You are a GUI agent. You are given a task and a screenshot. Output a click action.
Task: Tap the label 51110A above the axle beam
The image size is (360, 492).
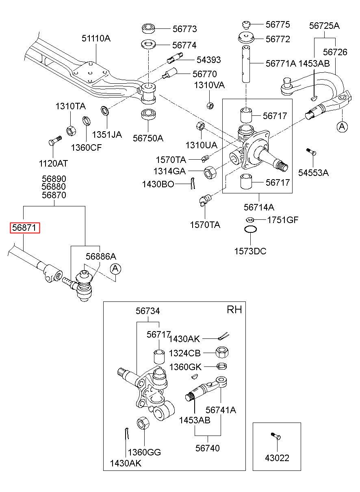pyautogui.click(x=96, y=39)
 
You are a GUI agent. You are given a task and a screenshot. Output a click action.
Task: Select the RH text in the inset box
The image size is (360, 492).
pyautogui.click(x=234, y=310)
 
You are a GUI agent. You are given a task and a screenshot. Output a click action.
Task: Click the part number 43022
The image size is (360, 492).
pyautogui.click(x=277, y=458)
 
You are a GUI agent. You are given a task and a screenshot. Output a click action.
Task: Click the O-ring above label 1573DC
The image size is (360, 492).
pyautogui.click(x=250, y=229)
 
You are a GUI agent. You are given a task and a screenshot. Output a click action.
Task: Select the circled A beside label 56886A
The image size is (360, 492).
pyautogui.click(x=115, y=269)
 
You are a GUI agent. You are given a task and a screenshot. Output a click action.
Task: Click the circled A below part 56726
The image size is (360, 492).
pyautogui.click(x=342, y=126)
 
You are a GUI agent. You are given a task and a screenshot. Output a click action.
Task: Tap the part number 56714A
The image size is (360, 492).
pyautogui.click(x=259, y=207)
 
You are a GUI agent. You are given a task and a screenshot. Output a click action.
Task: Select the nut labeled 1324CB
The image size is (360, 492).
pyautogui.click(x=222, y=353)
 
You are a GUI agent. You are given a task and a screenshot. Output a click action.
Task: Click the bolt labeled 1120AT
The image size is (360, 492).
pyautogui.click(x=55, y=141)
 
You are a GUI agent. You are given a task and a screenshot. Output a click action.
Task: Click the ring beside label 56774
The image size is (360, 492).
pyautogui.click(x=148, y=44)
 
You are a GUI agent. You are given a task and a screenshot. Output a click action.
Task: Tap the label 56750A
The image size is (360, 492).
pyautogui.click(x=148, y=138)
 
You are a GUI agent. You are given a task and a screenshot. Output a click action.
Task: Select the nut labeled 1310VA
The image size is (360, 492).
pyautogui.click(x=210, y=106)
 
